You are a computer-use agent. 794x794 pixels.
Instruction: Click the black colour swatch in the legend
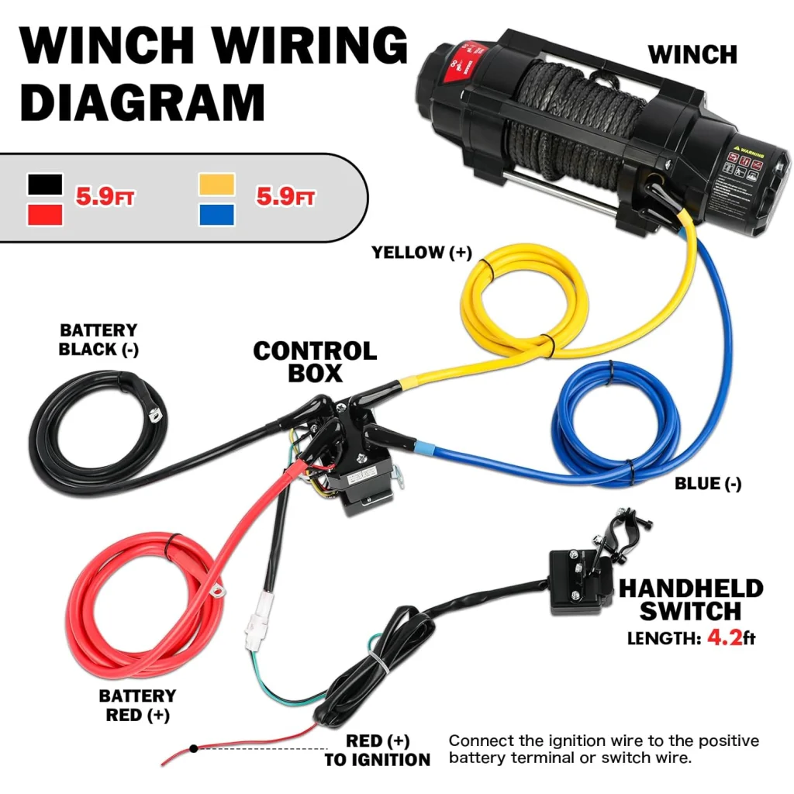[x=45, y=185]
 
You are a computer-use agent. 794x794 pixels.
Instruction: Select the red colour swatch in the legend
[x=45, y=214]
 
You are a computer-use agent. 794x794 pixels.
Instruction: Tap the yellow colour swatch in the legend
[x=216, y=185]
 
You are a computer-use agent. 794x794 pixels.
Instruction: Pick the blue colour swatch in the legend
[x=216, y=214]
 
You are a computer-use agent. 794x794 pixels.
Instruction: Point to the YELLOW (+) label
[x=421, y=252]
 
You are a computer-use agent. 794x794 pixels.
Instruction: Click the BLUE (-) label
[x=707, y=484]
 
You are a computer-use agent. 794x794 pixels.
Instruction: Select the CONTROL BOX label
[x=315, y=361]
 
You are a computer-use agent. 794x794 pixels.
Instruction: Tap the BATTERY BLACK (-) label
[x=98, y=340]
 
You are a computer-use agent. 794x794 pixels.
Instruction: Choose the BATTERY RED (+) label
[x=137, y=705]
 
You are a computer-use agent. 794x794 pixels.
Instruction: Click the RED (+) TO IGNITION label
[x=377, y=750]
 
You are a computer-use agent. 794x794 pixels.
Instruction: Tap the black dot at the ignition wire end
[x=193, y=747]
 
